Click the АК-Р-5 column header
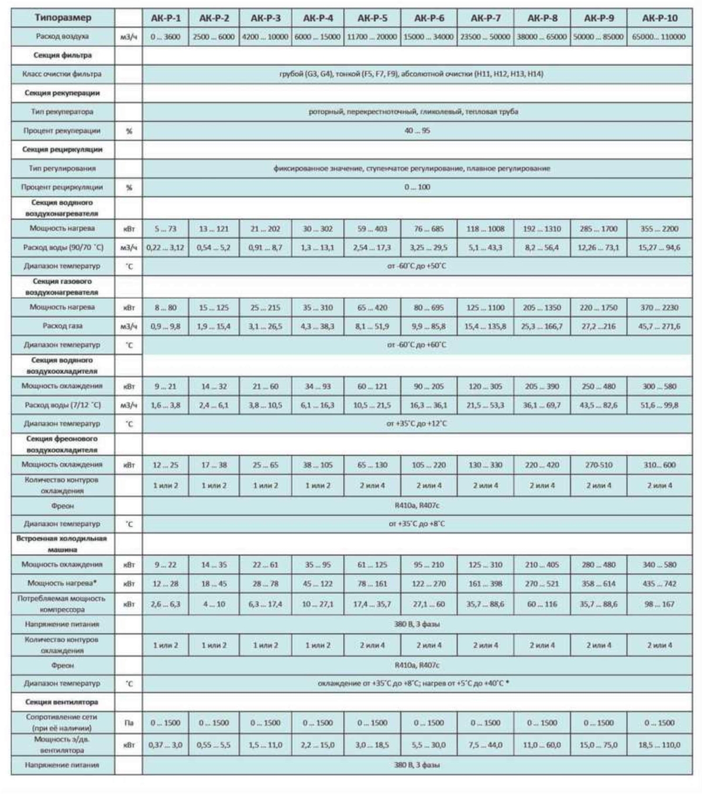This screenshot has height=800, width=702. (x=372, y=18)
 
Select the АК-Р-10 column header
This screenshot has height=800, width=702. (x=659, y=18)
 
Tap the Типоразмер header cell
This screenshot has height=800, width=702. (x=62, y=18)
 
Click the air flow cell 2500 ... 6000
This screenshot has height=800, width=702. (x=214, y=37)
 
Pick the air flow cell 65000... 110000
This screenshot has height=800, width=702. (x=659, y=37)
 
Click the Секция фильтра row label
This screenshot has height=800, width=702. (x=62, y=56)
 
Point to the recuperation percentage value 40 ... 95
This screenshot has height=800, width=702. (x=417, y=131)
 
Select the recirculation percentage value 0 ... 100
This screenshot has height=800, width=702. (x=417, y=187)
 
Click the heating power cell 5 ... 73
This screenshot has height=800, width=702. (x=166, y=229)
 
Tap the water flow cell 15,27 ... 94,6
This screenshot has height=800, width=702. (x=659, y=248)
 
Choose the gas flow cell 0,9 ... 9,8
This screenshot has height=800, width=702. (x=166, y=326)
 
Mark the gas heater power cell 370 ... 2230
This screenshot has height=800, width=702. (x=659, y=307)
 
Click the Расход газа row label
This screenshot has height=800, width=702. (x=62, y=326)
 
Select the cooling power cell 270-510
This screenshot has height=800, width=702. (x=598, y=465)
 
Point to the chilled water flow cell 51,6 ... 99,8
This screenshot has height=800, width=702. (x=659, y=405)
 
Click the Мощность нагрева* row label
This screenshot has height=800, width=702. (x=62, y=583)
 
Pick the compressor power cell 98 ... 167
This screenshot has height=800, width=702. (x=659, y=604)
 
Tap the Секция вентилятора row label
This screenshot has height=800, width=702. (x=62, y=702)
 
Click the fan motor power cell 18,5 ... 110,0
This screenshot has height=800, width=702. (x=659, y=745)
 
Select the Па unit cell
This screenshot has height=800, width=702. (x=129, y=723)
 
